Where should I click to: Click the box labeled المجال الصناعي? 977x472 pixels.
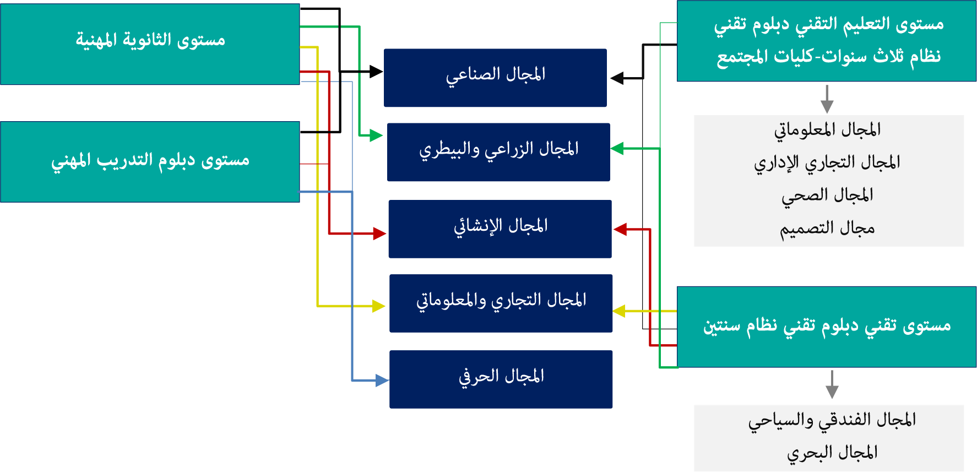click(495, 78)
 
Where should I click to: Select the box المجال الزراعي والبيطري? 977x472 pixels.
click(498, 152)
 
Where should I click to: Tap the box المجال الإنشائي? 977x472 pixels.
click(500, 229)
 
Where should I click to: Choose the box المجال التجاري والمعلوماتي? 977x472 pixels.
click(501, 303)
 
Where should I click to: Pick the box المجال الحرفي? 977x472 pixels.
click(501, 379)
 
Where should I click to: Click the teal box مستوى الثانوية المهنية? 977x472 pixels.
click(150, 44)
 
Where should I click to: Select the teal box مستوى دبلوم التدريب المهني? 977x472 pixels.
click(150, 161)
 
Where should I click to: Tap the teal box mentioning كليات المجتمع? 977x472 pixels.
click(826, 41)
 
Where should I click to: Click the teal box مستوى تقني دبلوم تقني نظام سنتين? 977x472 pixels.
click(826, 327)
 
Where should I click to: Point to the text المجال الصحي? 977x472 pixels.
click(827, 196)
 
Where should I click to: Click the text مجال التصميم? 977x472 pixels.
click(827, 228)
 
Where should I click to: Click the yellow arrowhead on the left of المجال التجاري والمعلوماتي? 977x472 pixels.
click(379, 306)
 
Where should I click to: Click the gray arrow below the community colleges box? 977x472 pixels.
click(827, 100)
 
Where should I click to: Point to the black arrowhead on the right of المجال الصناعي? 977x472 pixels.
click(617, 78)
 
